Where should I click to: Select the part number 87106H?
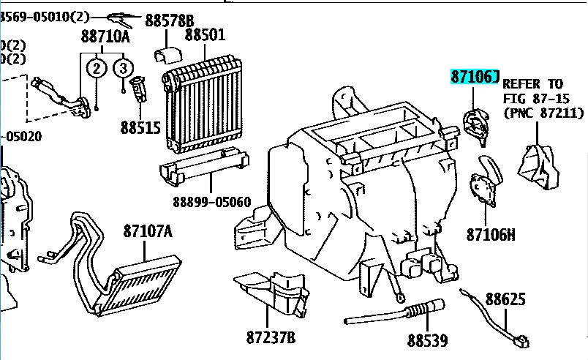pos(491,235)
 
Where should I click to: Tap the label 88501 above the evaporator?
pos(205,34)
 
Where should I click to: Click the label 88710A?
pos(105,36)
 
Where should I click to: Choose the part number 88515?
pos(140,127)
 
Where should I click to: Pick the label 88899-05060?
pos(211,201)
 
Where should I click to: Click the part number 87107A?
pos(147,232)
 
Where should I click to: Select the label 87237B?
pos(270,337)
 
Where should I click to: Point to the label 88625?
pos(505,299)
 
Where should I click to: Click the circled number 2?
pos(96,69)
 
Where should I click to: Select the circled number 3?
pos(124,69)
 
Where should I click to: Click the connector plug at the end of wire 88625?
pos(521,340)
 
